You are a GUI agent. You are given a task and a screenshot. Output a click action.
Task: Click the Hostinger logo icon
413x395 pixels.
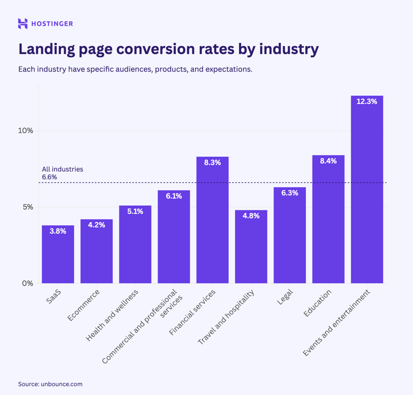(23, 24)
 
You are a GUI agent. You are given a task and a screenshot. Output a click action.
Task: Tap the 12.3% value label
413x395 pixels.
(367, 102)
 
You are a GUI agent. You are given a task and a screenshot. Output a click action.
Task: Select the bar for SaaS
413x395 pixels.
(58, 255)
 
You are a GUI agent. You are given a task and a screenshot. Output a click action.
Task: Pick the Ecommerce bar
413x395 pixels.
(96, 252)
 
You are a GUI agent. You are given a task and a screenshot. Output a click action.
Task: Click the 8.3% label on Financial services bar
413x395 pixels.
(212, 163)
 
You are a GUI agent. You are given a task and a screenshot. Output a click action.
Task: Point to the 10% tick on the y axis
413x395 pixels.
(26, 131)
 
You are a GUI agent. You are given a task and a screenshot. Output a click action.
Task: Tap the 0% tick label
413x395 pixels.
(27, 283)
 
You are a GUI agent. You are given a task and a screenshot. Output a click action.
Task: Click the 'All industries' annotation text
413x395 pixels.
(62, 169)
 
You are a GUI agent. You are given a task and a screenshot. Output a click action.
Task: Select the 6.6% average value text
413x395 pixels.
(49, 177)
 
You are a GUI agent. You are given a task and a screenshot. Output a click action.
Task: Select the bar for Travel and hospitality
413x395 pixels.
(251, 247)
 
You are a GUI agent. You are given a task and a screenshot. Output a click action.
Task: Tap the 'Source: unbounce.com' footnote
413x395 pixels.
(50, 384)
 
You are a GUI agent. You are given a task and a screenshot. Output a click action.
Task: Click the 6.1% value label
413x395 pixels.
(174, 196)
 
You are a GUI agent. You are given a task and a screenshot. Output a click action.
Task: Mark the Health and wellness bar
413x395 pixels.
(135, 244)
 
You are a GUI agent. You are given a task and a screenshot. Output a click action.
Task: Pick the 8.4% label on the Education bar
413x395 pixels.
(328, 161)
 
